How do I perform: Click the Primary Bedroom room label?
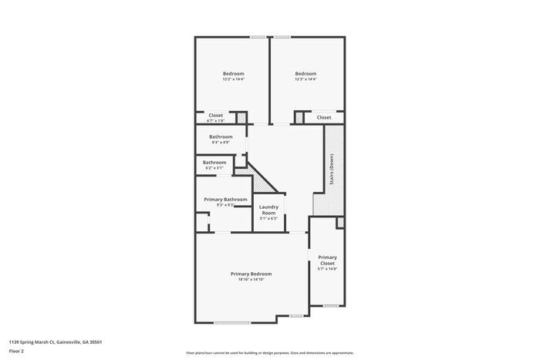pos(251,274)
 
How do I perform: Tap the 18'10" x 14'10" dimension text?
pos(251,280)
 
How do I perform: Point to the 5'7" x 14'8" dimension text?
pos(327,269)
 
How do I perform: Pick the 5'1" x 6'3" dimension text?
pos(268,219)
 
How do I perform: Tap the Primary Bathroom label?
pos(225,200)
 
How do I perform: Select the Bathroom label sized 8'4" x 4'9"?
pos(221,136)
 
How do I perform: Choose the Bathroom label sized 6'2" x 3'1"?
pos(214,162)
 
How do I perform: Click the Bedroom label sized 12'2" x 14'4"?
pos(233,73)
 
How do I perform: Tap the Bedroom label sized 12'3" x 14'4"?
pos(305,73)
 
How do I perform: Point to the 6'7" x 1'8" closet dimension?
pos(216,121)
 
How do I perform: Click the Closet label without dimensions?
pos(324,117)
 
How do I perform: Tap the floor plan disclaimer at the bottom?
pos(270,352)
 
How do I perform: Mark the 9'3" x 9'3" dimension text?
pos(225,205)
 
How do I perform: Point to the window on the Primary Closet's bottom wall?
pos(330,306)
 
